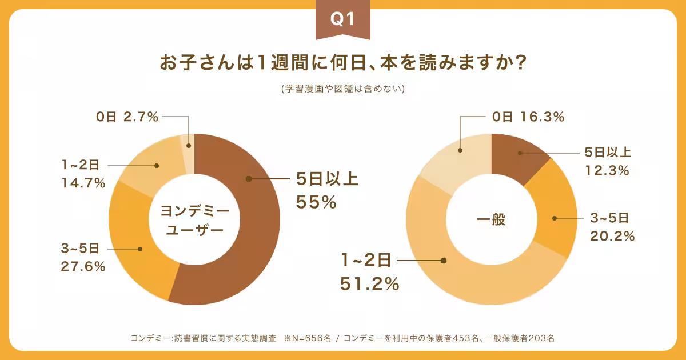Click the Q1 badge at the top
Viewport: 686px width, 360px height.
point(343,19)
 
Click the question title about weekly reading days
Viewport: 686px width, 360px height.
point(343,63)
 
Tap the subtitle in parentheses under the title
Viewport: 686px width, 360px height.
point(343,89)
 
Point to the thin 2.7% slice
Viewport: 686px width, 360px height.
point(188,145)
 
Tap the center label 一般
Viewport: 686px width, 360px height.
point(491,220)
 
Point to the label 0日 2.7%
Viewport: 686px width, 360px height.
point(127,117)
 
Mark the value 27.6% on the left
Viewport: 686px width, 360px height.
point(83,266)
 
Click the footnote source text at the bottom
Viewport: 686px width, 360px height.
point(343,338)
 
